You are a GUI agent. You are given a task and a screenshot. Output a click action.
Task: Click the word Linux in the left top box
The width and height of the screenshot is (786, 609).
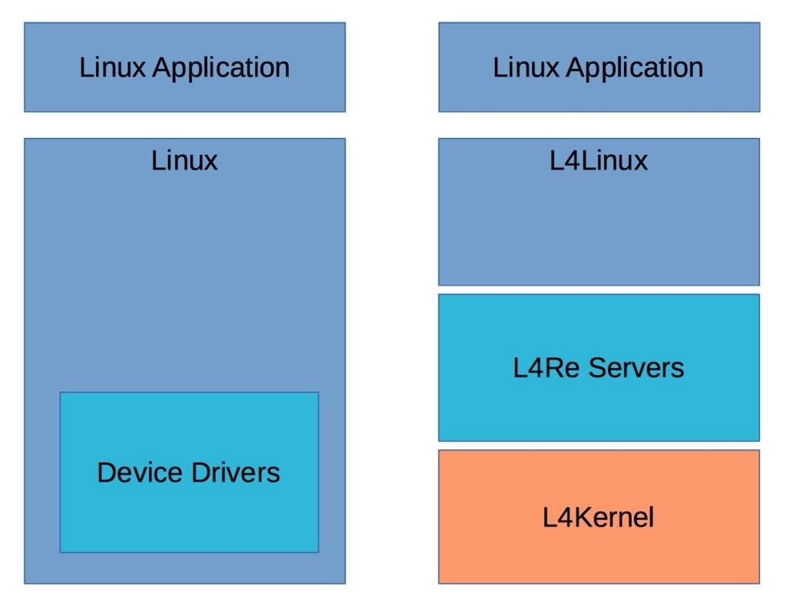[x=112, y=67]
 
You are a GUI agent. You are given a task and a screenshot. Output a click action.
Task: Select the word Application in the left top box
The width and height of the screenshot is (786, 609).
[x=220, y=67]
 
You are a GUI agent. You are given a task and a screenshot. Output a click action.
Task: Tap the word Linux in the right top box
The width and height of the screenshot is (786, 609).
[x=526, y=67]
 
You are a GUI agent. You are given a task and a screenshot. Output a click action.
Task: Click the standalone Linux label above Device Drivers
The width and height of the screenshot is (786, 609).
[x=184, y=160]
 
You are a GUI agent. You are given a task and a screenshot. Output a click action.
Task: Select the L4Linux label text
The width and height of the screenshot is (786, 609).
[x=599, y=160]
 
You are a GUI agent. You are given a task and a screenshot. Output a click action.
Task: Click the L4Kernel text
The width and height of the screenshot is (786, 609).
[x=599, y=518]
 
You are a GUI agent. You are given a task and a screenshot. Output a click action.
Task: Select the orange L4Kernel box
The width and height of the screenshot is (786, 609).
[x=599, y=552]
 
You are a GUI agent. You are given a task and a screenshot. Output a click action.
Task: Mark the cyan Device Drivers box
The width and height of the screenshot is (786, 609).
[x=189, y=514]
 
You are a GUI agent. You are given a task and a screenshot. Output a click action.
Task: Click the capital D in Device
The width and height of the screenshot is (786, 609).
[x=106, y=472]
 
